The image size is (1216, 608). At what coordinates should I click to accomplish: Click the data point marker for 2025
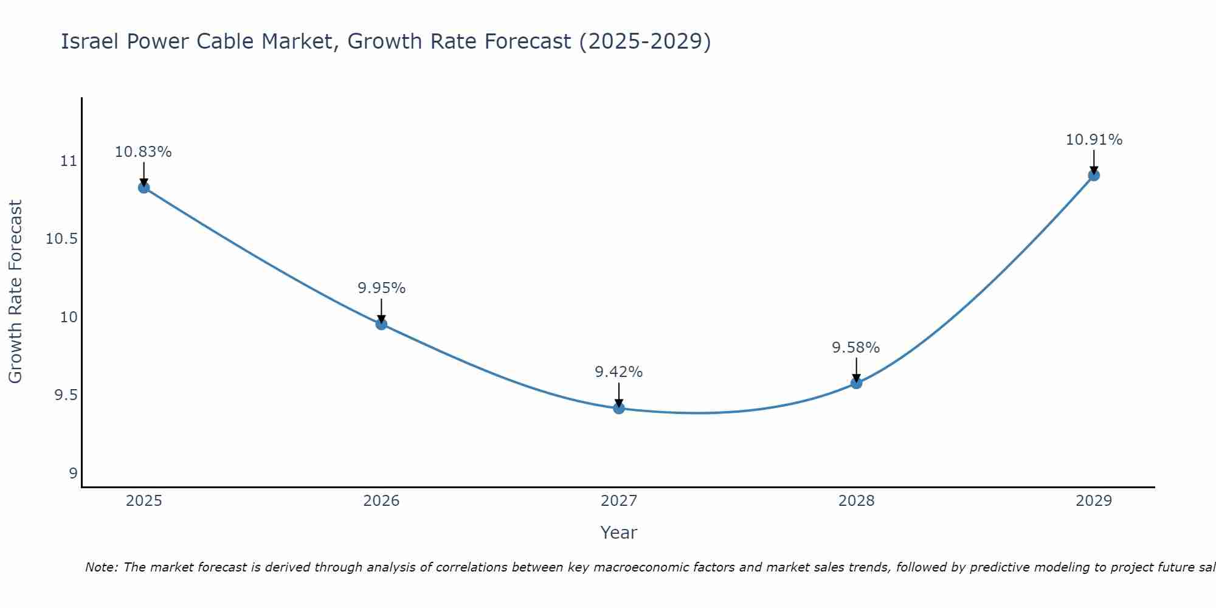[143, 187]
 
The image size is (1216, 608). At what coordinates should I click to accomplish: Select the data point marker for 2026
[381, 324]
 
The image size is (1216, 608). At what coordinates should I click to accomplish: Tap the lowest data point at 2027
[619, 408]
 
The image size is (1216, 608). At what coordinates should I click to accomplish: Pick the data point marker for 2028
[856, 383]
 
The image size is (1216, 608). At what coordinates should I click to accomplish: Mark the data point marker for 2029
[1094, 175]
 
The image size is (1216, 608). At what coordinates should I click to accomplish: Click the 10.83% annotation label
[143, 152]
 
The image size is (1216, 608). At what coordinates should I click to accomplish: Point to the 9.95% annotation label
[381, 288]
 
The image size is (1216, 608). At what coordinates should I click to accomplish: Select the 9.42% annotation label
[619, 372]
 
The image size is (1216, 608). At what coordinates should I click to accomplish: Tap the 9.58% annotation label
[856, 348]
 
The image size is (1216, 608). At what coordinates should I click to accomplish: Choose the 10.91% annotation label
[1094, 140]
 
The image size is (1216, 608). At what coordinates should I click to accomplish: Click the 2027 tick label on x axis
[619, 501]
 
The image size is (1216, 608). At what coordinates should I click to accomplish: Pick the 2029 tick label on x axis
[1094, 501]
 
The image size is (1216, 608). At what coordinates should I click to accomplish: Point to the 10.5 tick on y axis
[62, 239]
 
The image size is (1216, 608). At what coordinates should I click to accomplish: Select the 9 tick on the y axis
[73, 474]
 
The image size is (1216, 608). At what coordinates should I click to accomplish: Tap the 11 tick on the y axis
[69, 161]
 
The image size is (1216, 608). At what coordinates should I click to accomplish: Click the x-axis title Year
[619, 533]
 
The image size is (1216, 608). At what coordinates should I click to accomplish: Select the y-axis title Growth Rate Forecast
[16, 292]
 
